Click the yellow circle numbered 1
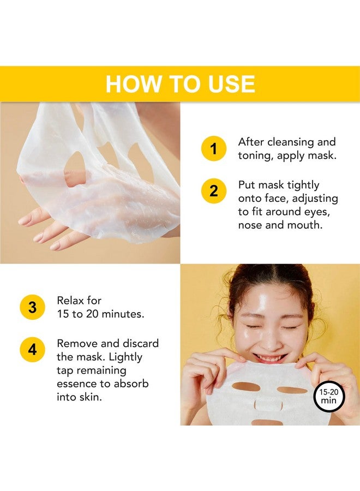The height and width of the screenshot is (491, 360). (x=214, y=148)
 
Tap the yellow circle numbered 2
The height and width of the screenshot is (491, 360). (x=214, y=191)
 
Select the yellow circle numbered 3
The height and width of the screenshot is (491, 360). (x=33, y=307)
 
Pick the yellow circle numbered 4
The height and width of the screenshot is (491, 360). (x=33, y=350)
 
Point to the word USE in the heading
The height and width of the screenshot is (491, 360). (x=230, y=84)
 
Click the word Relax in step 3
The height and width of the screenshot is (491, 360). (x=71, y=301)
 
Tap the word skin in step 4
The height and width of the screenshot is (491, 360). (x=89, y=397)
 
